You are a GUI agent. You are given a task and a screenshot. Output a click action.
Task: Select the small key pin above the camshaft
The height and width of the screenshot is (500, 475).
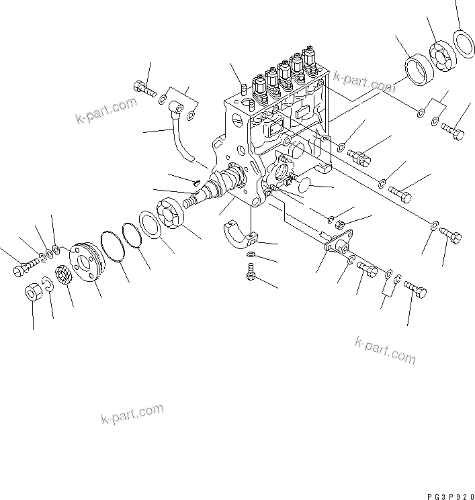[195, 180]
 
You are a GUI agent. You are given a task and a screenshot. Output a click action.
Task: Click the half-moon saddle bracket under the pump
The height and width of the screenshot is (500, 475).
[238, 236]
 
